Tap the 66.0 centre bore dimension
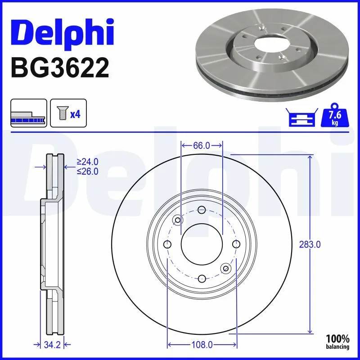tap(202, 145)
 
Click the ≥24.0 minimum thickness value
tap(87, 162)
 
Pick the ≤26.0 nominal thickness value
tap(87, 171)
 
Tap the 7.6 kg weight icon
tap(333, 117)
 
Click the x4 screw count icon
tap(68, 114)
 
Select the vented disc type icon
tap(28, 114)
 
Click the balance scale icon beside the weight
tap(301, 118)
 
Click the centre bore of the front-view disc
tap(202, 244)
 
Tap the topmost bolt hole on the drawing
tap(202, 210)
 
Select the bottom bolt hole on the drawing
tap(202, 278)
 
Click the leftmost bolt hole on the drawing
tap(167, 244)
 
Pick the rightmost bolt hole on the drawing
tap(236, 244)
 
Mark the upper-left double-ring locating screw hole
tap(178, 220)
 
